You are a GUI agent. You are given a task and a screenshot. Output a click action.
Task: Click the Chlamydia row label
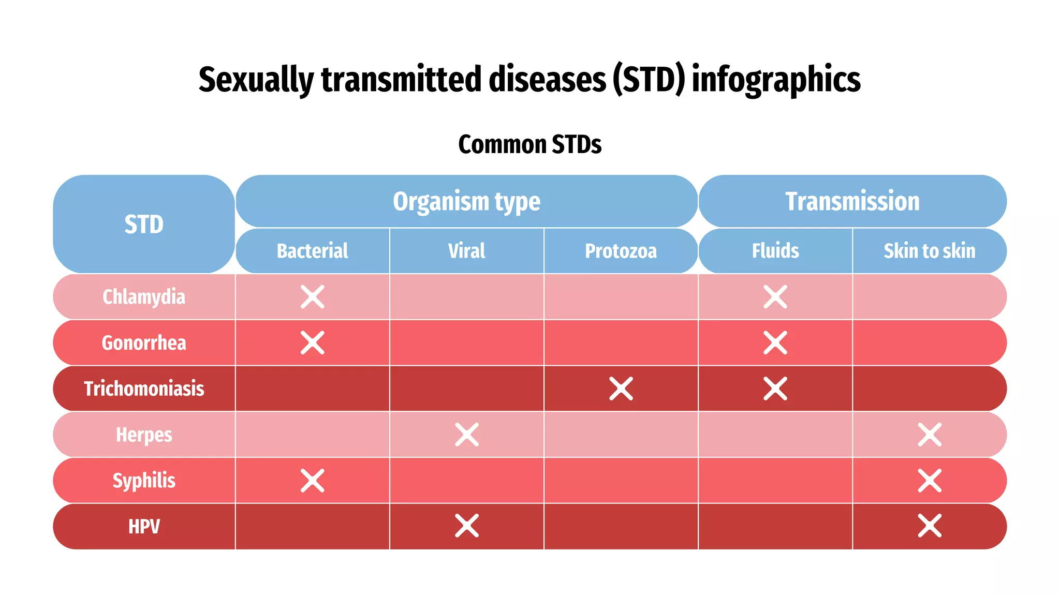coord(144,297)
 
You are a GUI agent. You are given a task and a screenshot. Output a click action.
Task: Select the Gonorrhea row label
coord(144,343)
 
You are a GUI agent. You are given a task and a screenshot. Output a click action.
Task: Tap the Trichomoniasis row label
coord(144,389)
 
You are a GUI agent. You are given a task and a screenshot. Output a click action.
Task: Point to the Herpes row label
coord(144,435)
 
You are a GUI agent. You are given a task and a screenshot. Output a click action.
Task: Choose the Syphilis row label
coord(144,481)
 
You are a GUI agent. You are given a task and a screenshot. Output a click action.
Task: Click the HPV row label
coord(144,527)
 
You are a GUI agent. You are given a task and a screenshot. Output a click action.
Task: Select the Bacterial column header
coord(312,251)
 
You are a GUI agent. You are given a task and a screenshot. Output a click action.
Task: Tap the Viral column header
coord(466,251)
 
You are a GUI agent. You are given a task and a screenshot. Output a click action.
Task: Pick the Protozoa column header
coord(621,251)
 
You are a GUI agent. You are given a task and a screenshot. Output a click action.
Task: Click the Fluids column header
coord(775,251)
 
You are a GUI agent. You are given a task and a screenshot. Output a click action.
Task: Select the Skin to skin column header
coord(929,251)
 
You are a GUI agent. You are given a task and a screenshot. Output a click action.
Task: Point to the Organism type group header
coord(466,201)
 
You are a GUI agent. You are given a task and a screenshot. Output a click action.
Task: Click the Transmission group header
coord(852,201)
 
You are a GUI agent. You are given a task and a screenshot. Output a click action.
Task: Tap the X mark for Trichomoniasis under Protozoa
coord(621,389)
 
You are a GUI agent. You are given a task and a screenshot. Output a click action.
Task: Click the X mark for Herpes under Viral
coord(466,435)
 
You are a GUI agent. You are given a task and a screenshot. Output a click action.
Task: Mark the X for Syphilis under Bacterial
coord(312,481)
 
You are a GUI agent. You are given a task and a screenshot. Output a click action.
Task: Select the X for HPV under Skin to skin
coord(929,526)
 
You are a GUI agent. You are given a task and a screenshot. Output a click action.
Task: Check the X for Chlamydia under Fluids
coord(775,297)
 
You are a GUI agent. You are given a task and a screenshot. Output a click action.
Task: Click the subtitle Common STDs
coord(529,144)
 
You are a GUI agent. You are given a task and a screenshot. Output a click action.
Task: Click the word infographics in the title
coord(776,80)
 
